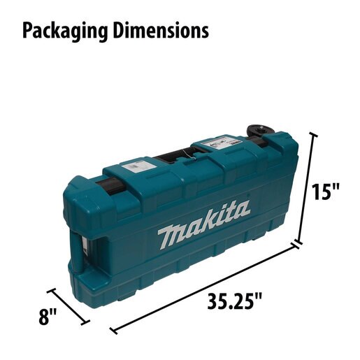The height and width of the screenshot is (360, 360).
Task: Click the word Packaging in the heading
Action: (65, 31)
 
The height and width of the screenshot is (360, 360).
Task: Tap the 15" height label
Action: (326, 192)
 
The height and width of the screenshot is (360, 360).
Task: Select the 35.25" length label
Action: (234, 302)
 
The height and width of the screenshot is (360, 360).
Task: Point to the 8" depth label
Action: (48, 317)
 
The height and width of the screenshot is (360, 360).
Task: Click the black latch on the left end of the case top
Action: (110, 185)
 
